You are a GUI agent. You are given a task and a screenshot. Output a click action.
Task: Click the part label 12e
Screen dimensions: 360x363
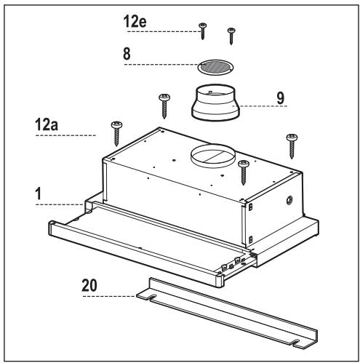tap(135, 21)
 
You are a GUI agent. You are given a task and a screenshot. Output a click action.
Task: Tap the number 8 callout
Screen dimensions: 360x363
tap(127, 54)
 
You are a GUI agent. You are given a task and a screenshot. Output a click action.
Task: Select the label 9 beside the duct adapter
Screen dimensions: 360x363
tap(280, 98)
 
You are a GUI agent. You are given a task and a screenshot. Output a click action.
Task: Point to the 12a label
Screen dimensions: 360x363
tap(47, 124)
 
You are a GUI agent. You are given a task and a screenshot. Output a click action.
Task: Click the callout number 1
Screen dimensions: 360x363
tap(39, 194)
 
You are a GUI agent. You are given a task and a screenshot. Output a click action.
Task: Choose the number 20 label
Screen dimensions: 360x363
tap(89, 285)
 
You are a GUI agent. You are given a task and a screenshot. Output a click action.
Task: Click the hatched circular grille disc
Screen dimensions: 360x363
tap(215, 67)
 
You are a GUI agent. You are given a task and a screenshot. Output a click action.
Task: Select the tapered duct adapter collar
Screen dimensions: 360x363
tap(215, 102)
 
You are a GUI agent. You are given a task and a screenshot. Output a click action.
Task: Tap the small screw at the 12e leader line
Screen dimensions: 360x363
tap(202, 31)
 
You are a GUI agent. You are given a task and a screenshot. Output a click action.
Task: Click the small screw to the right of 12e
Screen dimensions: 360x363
tap(231, 36)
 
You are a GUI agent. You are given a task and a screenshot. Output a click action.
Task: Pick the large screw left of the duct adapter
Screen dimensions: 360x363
tap(164, 106)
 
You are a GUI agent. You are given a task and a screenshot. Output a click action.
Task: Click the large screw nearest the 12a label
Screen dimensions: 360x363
tap(116, 133)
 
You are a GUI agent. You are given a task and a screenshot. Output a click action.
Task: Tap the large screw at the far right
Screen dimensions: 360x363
tap(292, 146)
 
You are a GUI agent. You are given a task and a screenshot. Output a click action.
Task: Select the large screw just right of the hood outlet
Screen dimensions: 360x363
tap(244, 172)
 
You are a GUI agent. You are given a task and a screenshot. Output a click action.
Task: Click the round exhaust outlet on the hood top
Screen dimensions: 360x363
tap(212, 156)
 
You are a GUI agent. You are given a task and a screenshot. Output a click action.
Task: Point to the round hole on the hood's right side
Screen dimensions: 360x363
tap(289, 200)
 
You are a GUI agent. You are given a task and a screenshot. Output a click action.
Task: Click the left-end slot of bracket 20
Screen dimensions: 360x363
tap(153, 298)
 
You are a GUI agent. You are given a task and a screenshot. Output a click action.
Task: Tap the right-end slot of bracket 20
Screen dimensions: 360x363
tap(297, 343)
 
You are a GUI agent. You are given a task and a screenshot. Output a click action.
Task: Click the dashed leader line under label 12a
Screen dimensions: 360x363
tap(65, 135)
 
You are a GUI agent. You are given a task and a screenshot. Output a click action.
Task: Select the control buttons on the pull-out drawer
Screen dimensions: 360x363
tap(233, 263)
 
